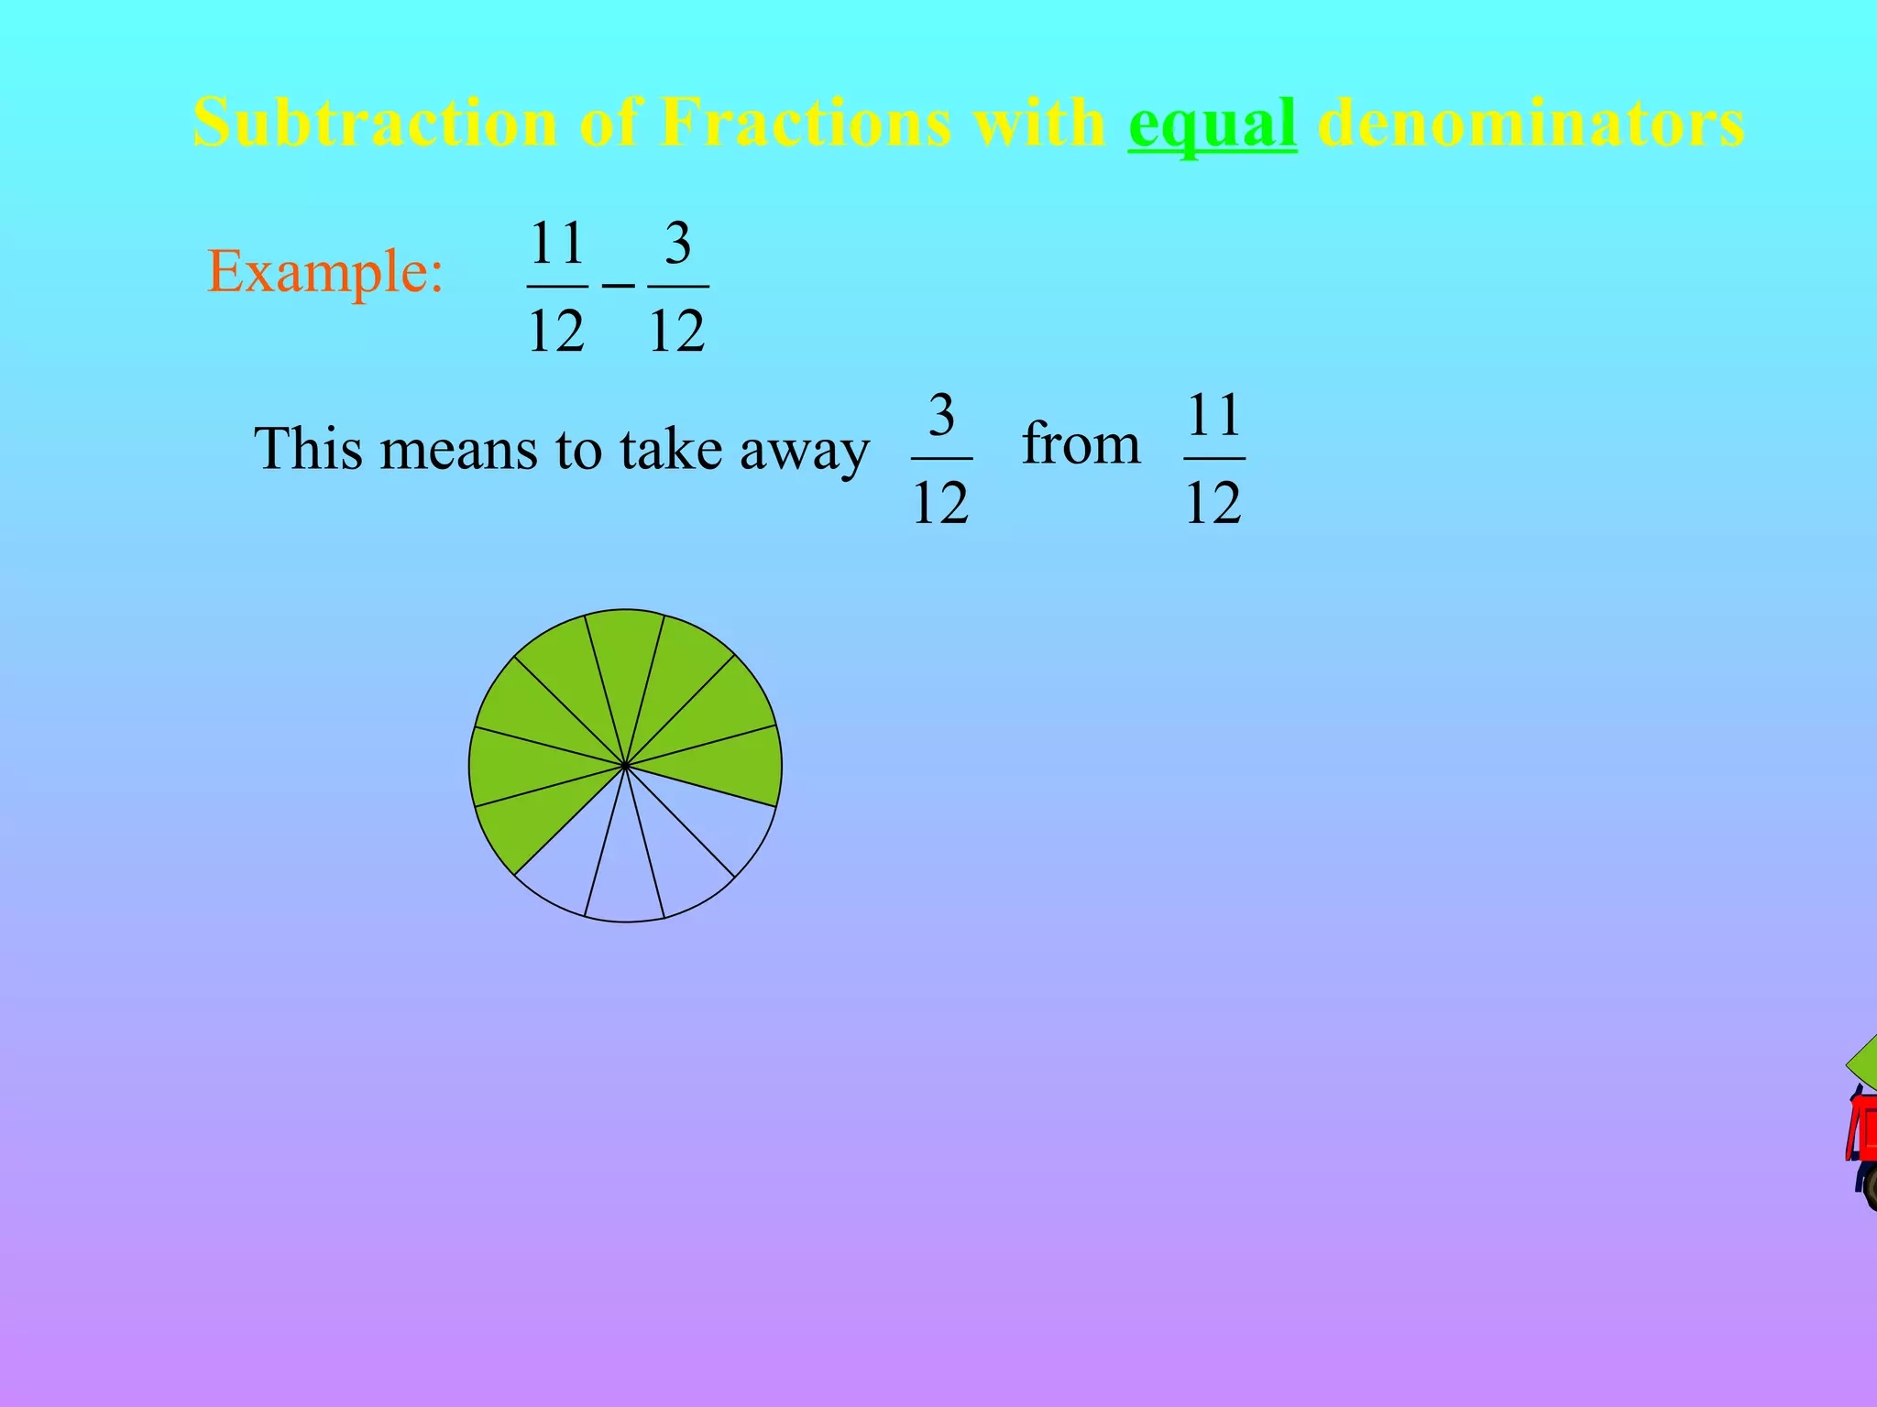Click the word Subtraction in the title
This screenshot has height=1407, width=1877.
click(374, 123)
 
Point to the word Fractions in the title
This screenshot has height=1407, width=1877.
click(804, 123)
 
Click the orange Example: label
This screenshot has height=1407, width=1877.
click(325, 272)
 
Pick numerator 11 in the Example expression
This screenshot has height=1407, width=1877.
click(557, 244)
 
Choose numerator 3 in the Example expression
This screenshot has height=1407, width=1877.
click(677, 244)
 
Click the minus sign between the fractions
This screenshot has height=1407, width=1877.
click(618, 286)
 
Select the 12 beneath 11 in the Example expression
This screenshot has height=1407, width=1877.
click(556, 331)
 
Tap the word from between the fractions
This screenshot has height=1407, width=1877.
click(1081, 444)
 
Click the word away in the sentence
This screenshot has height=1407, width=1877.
click(804, 451)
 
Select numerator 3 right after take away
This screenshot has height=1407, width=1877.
click(941, 416)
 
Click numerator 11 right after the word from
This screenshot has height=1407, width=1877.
click(1213, 416)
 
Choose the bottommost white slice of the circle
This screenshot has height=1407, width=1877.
click(624, 879)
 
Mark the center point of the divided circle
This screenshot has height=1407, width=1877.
click(625, 765)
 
